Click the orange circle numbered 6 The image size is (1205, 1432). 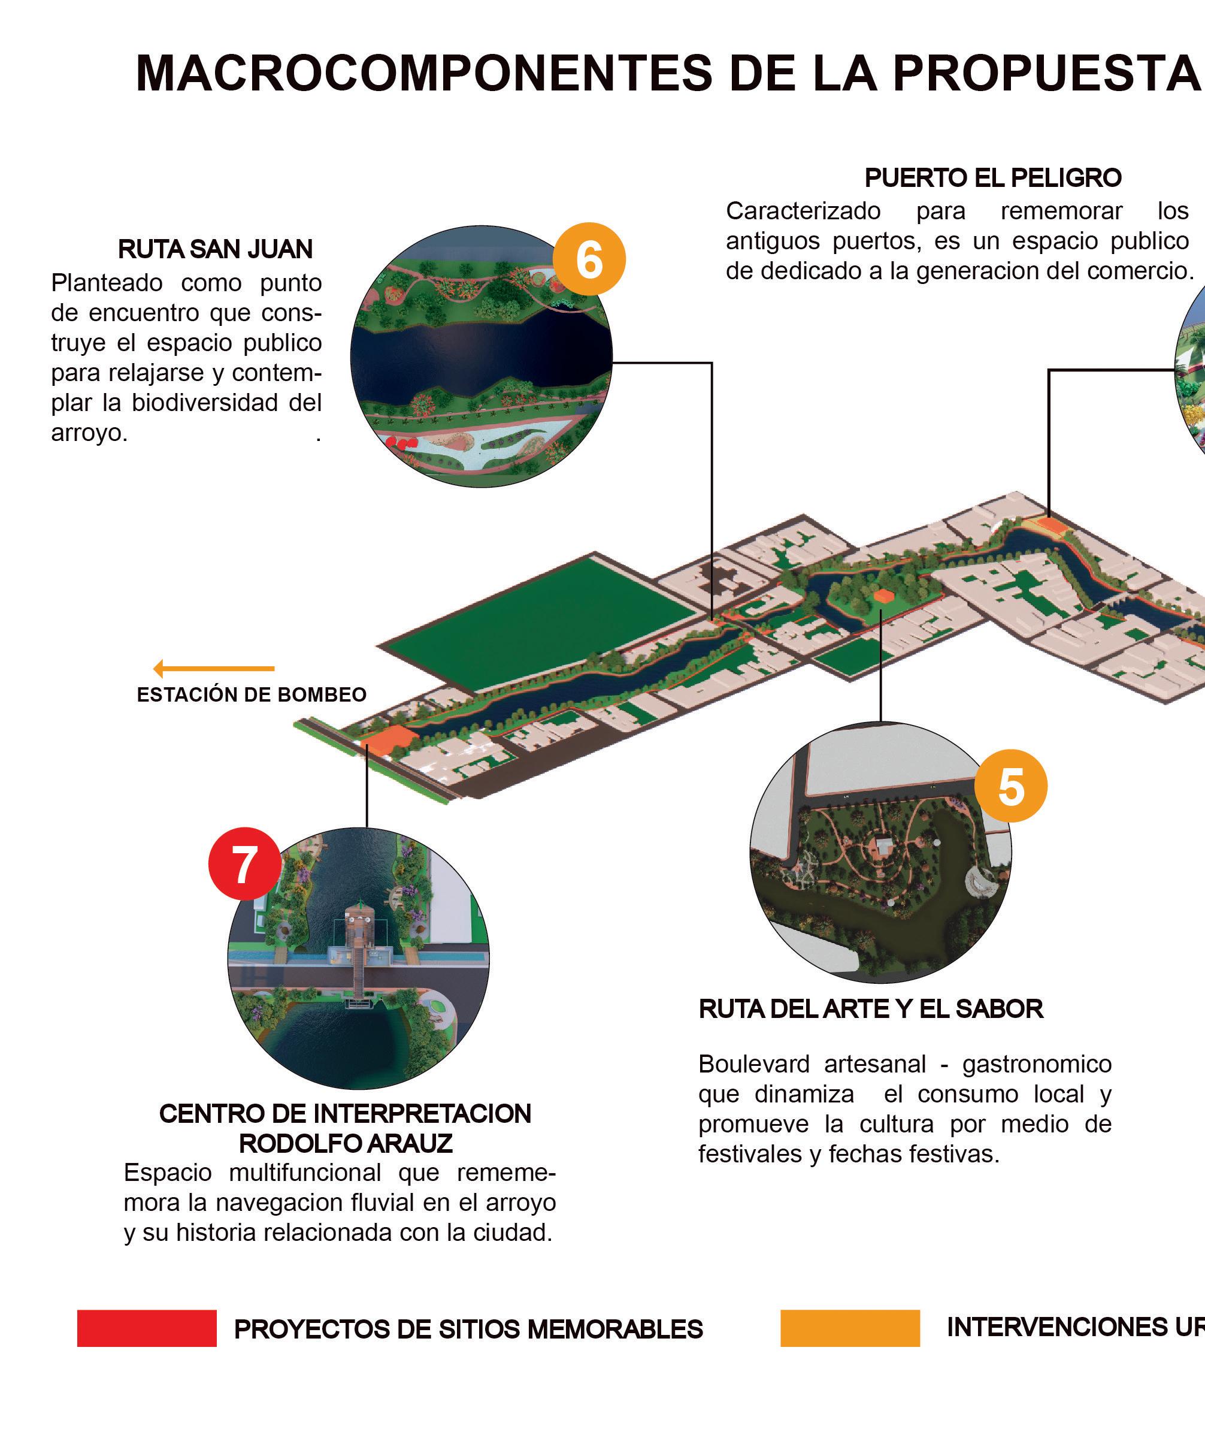pyautogui.click(x=589, y=259)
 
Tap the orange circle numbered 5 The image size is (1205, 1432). pyautogui.click(x=1010, y=786)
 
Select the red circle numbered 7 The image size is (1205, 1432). pyautogui.click(x=244, y=864)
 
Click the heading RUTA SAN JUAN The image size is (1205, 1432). pyautogui.click(x=215, y=249)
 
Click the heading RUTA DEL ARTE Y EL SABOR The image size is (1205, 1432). pyautogui.click(x=871, y=1009)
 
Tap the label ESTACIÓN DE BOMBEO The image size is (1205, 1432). pyautogui.click(x=252, y=695)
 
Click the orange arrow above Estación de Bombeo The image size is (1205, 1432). pyautogui.click(x=214, y=668)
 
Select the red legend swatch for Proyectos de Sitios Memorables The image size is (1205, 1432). pyautogui.click(x=147, y=1328)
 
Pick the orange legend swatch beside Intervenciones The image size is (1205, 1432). pyautogui.click(x=850, y=1328)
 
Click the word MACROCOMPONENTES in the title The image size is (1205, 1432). pyautogui.click(x=424, y=72)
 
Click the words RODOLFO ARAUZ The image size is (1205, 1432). pyautogui.click(x=346, y=1143)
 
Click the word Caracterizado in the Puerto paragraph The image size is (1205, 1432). pyautogui.click(x=803, y=211)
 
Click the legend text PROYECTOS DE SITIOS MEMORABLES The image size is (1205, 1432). pyautogui.click(x=468, y=1330)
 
